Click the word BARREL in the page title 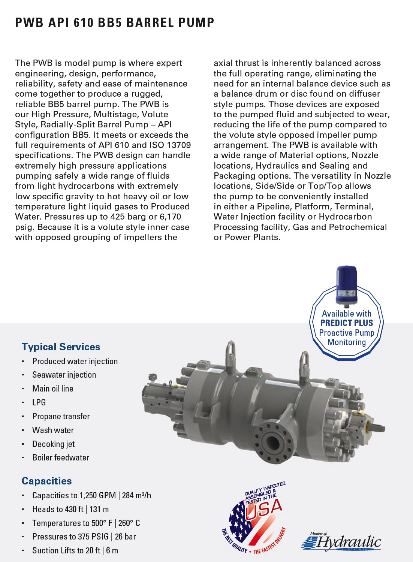[150, 22]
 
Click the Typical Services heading [61, 347]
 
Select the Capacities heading [46, 481]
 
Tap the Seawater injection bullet [64, 375]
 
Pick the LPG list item [39, 402]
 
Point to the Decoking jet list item [54, 444]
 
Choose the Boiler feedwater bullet [61, 458]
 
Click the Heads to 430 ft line [70, 510]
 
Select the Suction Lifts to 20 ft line [75, 551]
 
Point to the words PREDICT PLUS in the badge [347, 323]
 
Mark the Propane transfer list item [61, 417]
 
